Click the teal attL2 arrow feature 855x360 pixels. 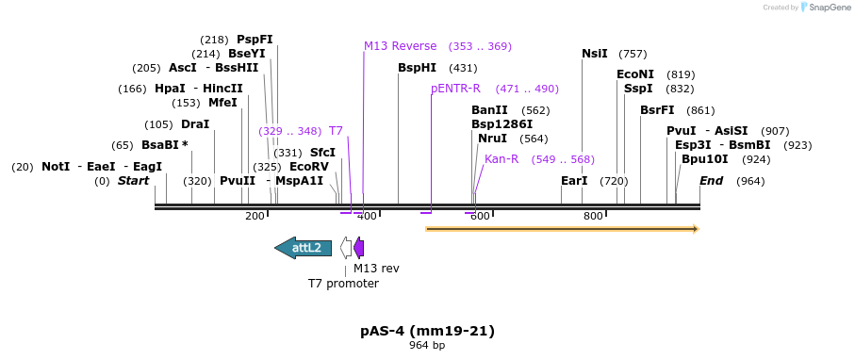[303, 248]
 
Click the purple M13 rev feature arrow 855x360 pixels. [358, 248]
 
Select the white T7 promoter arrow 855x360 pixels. [346, 248]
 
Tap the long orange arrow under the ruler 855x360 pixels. [562, 228]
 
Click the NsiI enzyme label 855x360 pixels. [595, 54]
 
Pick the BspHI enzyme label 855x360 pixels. [417, 68]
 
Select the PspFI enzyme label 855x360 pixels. [255, 40]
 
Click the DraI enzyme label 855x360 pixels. [195, 124]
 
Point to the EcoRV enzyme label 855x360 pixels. [309, 166]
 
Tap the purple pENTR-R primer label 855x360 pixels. [455, 89]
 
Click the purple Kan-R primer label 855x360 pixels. [501, 159]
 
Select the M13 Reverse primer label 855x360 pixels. [401, 46]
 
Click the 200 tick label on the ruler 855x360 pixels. [255, 216]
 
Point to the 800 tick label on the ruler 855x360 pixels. [593, 216]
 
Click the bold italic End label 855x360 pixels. [712, 180]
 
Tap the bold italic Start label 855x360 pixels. [133, 180]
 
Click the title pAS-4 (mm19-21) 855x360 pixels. [427, 331]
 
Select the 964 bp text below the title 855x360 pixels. [427, 346]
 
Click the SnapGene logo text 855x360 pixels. [825, 8]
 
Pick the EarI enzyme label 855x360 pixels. [574, 180]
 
